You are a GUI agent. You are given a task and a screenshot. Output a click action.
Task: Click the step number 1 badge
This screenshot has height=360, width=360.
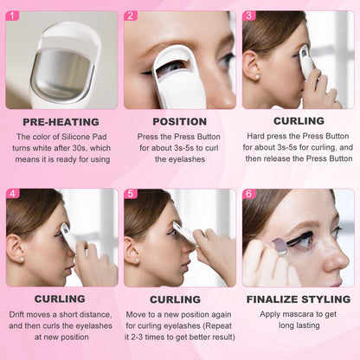(x=12, y=16)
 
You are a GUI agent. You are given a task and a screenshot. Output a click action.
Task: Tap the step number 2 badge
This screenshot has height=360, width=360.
(x=131, y=16)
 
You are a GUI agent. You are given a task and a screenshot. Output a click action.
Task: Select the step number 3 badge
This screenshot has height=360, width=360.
(x=249, y=16)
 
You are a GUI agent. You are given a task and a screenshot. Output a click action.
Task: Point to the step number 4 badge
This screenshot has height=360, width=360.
(x=12, y=193)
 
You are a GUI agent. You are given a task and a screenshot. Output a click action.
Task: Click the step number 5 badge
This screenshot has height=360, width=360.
(x=131, y=193)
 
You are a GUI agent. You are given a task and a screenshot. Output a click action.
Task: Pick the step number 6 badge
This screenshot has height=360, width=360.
(x=249, y=193)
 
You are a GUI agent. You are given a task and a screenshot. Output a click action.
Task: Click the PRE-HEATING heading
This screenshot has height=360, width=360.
(x=61, y=122)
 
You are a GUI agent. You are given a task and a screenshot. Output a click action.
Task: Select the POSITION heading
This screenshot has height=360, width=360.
(x=179, y=122)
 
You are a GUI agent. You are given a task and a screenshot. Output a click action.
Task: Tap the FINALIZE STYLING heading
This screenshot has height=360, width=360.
(x=299, y=299)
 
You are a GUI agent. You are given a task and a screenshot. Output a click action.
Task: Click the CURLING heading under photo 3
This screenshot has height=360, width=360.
(x=299, y=121)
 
